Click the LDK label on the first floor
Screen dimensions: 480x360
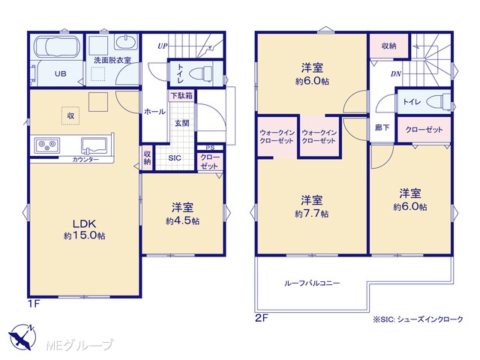pyautogui.click(x=84, y=223)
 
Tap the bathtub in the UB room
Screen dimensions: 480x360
pyautogui.click(x=57, y=47)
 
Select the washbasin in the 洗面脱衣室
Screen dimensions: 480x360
pyautogui.click(x=126, y=42)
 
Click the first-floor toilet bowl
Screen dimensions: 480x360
pyautogui.click(x=201, y=73)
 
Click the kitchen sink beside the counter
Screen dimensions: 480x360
pyautogui.click(x=94, y=145)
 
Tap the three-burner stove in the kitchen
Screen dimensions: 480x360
pyautogui.click(x=47, y=145)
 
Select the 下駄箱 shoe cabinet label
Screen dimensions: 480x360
pyautogui.click(x=181, y=96)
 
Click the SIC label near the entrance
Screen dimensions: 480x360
pyautogui.click(x=175, y=158)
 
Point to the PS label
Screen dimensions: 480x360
pyautogui.click(x=210, y=148)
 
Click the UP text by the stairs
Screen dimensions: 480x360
pyautogui.click(x=163, y=46)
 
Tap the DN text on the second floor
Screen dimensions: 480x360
pyautogui.click(x=396, y=73)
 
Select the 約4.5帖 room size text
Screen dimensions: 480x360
pyautogui.click(x=183, y=221)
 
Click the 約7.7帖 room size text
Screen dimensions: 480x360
pyautogui.click(x=312, y=214)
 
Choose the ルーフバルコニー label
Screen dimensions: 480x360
pyautogui.click(x=312, y=283)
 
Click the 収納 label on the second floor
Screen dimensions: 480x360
pyautogui.click(x=388, y=46)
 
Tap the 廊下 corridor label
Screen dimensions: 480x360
pyautogui.click(x=382, y=127)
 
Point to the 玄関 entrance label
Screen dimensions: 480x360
pyautogui.click(x=181, y=123)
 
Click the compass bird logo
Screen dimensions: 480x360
pyautogui.click(x=22, y=337)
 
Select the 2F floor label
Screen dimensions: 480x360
pyautogui.click(x=262, y=318)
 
